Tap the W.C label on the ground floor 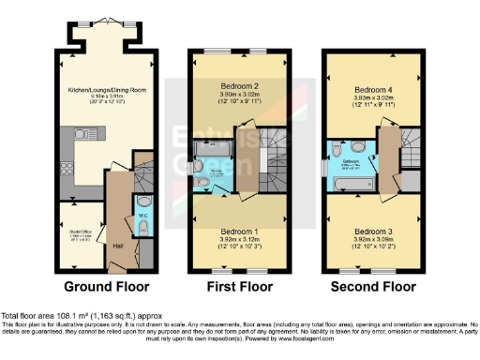(x=142, y=218)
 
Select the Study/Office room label (x=77, y=224)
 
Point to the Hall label (x=118, y=246)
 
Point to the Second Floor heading (x=368, y=286)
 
